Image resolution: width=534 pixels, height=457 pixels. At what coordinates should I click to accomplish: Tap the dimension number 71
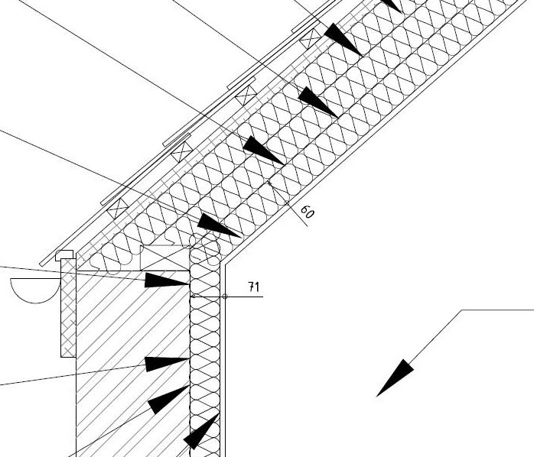point(254,287)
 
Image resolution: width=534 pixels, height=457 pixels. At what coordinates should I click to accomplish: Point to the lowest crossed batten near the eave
point(119,207)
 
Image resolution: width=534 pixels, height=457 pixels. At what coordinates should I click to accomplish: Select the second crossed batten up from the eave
point(181,152)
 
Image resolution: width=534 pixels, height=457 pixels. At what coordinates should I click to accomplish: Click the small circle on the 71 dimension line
point(225,296)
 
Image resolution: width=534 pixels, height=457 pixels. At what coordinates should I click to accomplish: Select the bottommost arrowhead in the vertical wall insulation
point(200,432)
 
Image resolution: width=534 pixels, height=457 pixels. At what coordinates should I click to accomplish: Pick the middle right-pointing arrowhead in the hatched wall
point(166,363)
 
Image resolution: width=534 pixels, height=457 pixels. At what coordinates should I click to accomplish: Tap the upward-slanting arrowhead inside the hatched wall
point(168,399)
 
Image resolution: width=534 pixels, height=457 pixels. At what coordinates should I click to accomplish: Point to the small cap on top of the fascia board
point(66,255)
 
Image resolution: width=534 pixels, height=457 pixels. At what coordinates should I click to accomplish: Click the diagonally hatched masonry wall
point(130,344)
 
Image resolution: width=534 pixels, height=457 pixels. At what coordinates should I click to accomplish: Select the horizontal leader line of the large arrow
point(498,310)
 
